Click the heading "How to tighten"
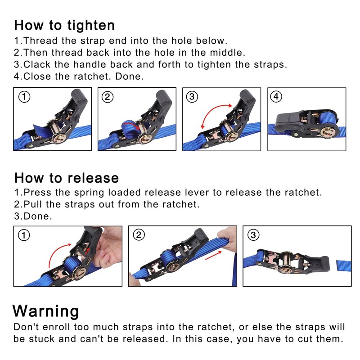coord(64,25)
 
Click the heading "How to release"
coord(67,178)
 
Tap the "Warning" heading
coord(46,311)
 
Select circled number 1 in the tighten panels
coord(24,97)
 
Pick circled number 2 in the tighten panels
coord(108,97)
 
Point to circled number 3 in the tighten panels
coord(192,97)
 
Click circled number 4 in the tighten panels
coord(276,97)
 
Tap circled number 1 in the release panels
coord(24,235)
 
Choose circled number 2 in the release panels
coord(139,235)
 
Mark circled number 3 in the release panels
coord(253,235)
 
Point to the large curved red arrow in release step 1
coord(55,250)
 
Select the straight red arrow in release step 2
coord(213,255)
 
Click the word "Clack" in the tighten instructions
coord(37,64)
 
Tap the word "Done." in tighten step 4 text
coord(130,76)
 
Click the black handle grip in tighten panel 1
coord(80,98)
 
